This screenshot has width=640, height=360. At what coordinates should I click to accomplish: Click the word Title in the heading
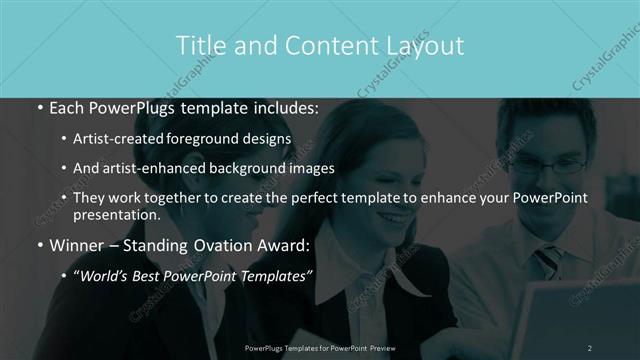(199, 45)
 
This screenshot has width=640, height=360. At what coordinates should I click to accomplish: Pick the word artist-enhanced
(151, 168)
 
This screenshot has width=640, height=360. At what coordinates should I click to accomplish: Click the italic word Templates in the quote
(271, 272)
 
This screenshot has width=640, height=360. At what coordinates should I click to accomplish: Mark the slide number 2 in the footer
(590, 347)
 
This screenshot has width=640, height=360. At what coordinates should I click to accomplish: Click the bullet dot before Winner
(39, 244)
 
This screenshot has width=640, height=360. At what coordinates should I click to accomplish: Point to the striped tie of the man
(548, 262)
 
